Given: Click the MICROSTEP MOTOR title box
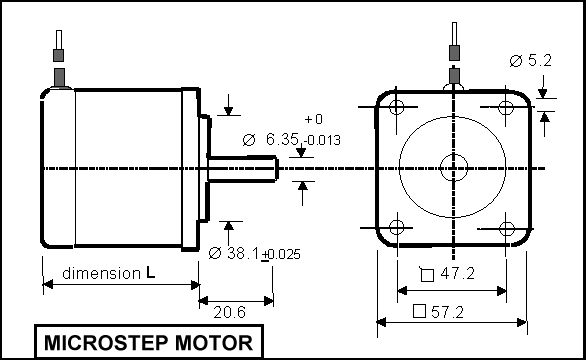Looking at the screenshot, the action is (149, 342).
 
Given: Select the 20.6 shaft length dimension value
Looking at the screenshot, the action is (229, 312).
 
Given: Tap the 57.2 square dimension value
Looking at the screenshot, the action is (447, 312).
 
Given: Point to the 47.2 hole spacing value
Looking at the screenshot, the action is (457, 273).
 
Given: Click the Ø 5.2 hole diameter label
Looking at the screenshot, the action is (530, 60).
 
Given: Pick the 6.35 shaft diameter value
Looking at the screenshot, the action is (282, 139).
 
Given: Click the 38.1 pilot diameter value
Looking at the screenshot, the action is (243, 253).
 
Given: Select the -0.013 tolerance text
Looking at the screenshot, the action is (322, 140).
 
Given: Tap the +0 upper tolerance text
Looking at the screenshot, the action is (314, 119).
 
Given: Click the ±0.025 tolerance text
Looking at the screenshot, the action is (281, 254).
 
